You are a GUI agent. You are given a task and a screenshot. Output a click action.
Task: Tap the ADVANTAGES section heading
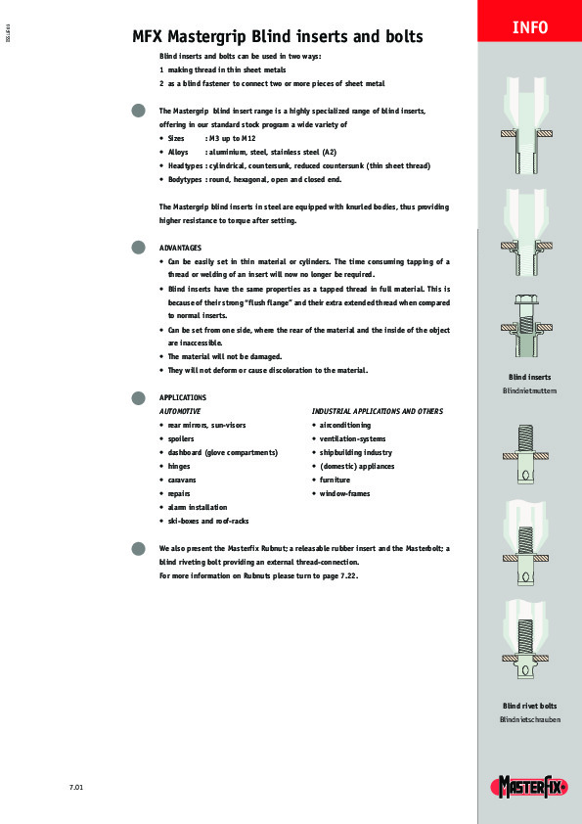180,248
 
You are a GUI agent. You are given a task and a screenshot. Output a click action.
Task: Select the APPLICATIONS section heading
183,397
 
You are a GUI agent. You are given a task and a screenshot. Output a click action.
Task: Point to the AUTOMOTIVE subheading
180,412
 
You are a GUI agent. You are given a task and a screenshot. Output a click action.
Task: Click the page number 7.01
75,787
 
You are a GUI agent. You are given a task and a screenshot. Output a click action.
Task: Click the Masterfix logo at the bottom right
529,786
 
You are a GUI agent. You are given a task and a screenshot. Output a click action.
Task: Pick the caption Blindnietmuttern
529,390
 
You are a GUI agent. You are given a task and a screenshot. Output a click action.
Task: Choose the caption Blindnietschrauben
529,719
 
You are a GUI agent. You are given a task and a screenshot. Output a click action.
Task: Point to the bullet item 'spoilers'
181,439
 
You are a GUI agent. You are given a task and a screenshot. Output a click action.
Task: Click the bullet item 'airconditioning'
345,426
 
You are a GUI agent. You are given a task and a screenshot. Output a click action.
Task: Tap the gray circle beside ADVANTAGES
138,248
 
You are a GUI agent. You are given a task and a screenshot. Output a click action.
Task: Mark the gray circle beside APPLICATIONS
138,397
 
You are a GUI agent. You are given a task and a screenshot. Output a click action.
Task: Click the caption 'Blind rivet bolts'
529,706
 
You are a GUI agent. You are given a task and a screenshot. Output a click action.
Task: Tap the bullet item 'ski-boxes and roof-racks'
208,521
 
